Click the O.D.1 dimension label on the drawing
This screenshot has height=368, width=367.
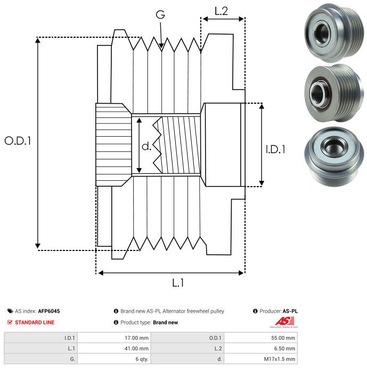[x=18, y=141]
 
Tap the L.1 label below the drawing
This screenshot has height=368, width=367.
[x=178, y=283]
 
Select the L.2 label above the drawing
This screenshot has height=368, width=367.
[x=222, y=11]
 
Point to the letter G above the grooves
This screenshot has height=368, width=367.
[x=160, y=15]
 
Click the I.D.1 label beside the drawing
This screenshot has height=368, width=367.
[x=275, y=150]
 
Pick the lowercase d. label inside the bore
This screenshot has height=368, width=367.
[x=146, y=146]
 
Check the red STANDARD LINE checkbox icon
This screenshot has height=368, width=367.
[x=10, y=322]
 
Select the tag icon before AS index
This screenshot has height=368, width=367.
[x=10, y=311]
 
